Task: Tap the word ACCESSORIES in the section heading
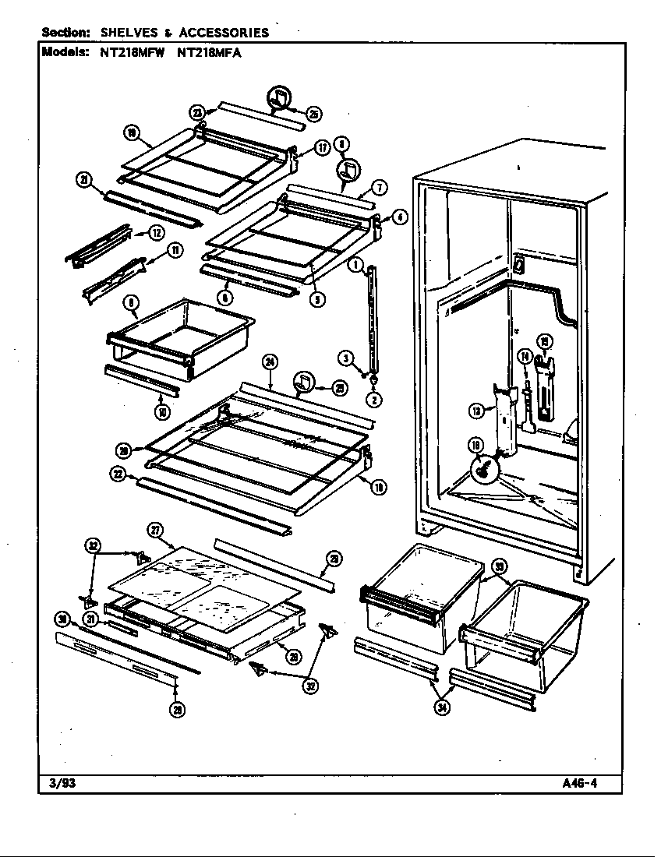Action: [x=224, y=33]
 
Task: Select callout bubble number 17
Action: [x=321, y=149]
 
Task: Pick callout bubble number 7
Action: [x=379, y=187]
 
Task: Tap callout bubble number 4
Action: [x=398, y=217]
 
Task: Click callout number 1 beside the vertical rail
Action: [x=355, y=265]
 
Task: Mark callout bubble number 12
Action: [x=156, y=231]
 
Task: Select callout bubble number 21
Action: [x=83, y=181]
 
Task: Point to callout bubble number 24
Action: [x=270, y=361]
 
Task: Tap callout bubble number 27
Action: [x=155, y=531]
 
